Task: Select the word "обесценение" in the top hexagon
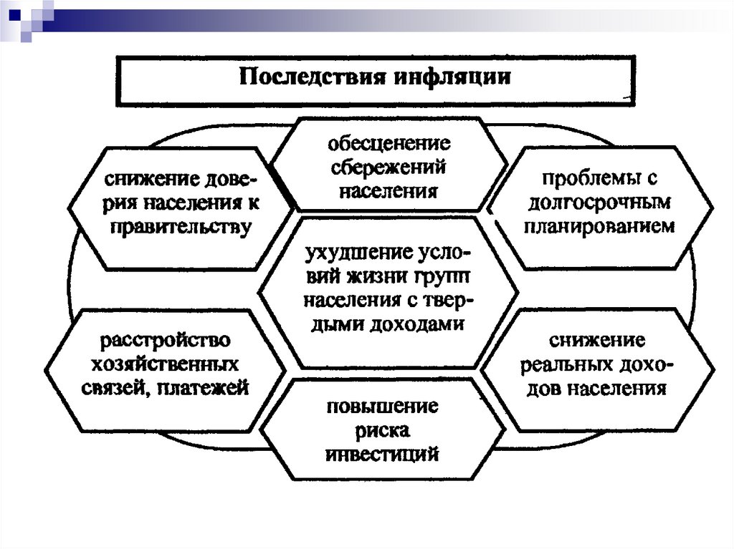[389, 144]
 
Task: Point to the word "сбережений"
[390, 167]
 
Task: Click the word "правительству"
[181, 227]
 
